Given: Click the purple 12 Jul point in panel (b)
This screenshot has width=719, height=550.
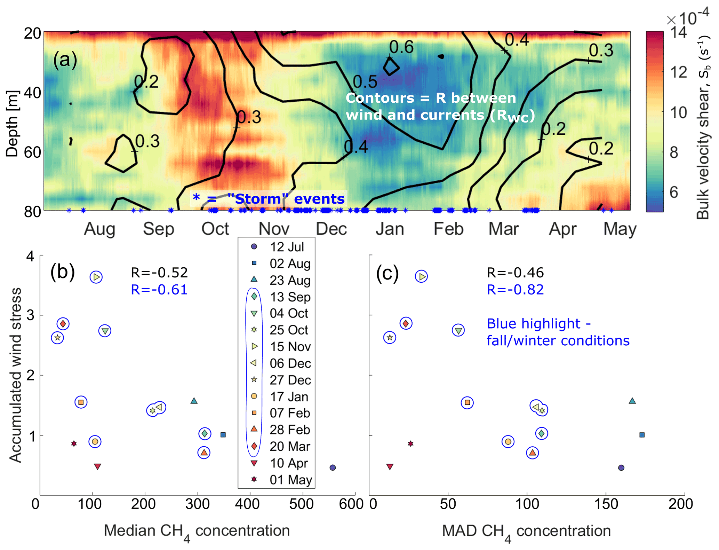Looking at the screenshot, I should pyautogui.click(x=333, y=468).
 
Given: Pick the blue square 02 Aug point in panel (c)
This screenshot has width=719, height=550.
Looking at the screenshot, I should pyautogui.click(x=642, y=435).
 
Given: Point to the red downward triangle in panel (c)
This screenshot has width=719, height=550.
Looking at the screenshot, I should pyautogui.click(x=390, y=466).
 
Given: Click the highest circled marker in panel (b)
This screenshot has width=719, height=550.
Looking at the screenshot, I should pyautogui.click(x=96, y=277).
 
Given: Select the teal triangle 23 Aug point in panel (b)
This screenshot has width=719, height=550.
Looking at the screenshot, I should pyautogui.click(x=194, y=401).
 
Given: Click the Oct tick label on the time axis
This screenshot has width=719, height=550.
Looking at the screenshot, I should pyautogui.click(x=215, y=229).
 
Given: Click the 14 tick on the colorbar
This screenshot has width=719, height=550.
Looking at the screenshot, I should pyautogui.click(x=678, y=33).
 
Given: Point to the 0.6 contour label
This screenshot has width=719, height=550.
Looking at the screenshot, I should pyautogui.click(x=401, y=47).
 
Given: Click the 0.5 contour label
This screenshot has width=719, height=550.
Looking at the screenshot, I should pyautogui.click(x=365, y=82).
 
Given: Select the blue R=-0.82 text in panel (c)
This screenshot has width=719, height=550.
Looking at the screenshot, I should pyautogui.click(x=515, y=290).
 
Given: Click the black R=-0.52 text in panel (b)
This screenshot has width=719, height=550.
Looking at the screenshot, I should pyautogui.click(x=159, y=273).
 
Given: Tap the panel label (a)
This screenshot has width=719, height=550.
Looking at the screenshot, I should pyautogui.click(x=65, y=60).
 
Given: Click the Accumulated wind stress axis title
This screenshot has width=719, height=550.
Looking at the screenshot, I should pyautogui.click(x=16, y=375).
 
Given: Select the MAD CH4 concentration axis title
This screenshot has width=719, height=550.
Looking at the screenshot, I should pyautogui.click(x=526, y=531).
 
